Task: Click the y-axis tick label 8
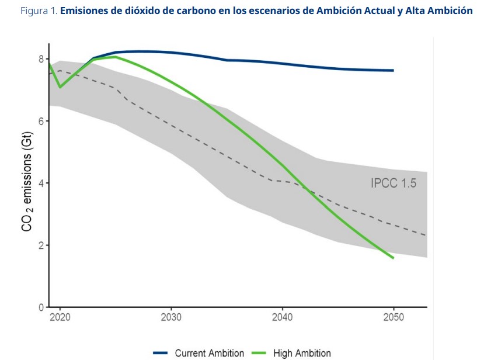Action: click(x=41, y=59)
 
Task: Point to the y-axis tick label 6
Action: click(x=41, y=121)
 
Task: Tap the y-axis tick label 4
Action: click(x=41, y=183)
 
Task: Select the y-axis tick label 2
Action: click(x=41, y=245)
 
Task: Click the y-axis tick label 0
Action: click(x=41, y=307)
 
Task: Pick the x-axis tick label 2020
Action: click(x=60, y=317)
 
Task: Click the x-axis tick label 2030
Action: click(x=171, y=317)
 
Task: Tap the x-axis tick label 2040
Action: click(x=283, y=317)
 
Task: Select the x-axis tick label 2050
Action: click(x=394, y=317)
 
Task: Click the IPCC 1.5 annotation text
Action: click(x=394, y=183)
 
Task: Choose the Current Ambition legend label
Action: click(x=210, y=353)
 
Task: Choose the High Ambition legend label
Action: click(x=302, y=353)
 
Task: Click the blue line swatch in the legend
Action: click(x=160, y=353)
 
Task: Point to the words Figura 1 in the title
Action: click(x=39, y=11)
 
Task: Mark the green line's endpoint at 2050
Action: click(x=394, y=258)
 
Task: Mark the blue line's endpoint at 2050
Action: click(x=394, y=70)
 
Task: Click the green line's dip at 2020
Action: click(x=60, y=87)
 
